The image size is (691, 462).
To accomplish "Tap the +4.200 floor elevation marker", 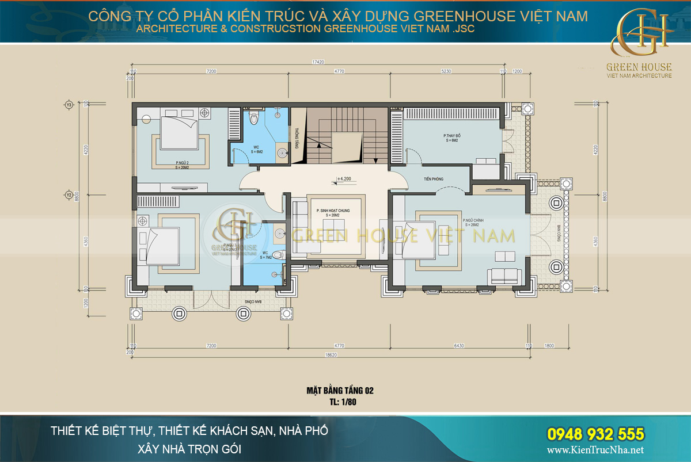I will pos(345,179).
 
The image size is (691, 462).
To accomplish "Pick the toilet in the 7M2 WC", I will pos(277,254).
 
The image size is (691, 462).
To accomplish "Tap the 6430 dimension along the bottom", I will pos(458,346).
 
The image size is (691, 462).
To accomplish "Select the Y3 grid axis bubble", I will pos(69,105).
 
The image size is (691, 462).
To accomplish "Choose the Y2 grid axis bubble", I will pos(69,195).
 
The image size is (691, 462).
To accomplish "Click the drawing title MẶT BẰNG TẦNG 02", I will pos(340,391).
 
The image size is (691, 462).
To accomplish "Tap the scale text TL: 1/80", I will pos(340,402).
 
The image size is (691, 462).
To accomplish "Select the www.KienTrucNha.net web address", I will pos(594,450).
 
